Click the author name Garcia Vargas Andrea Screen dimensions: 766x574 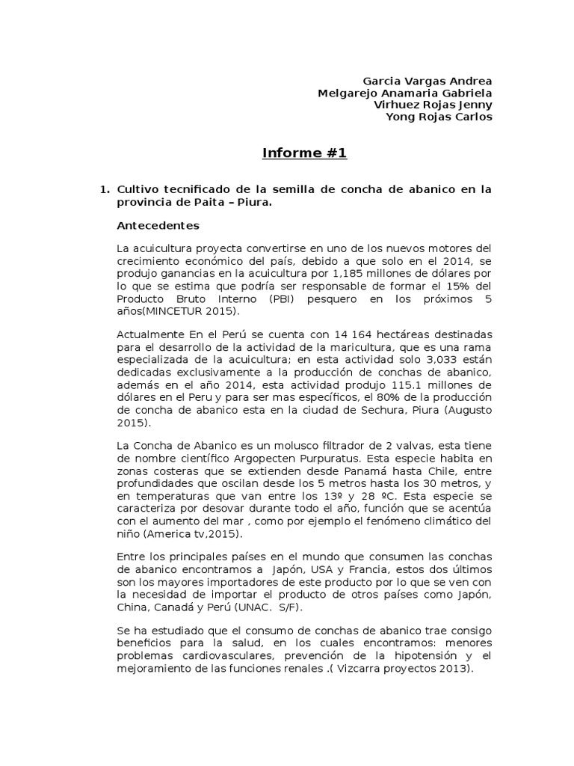[x=427, y=81]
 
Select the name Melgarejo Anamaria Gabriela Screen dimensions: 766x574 [x=404, y=93]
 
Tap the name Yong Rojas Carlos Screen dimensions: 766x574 [x=438, y=117]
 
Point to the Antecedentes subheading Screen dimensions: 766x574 [x=158, y=225]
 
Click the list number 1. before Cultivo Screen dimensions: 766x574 [x=105, y=190]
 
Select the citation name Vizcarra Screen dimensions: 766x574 [x=355, y=670]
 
